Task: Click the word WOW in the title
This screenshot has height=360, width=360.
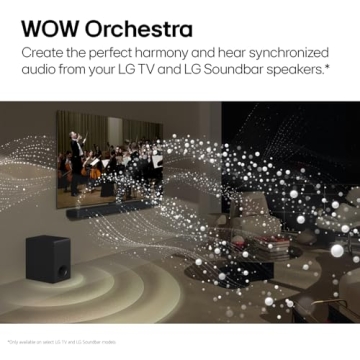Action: [x=48, y=23]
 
